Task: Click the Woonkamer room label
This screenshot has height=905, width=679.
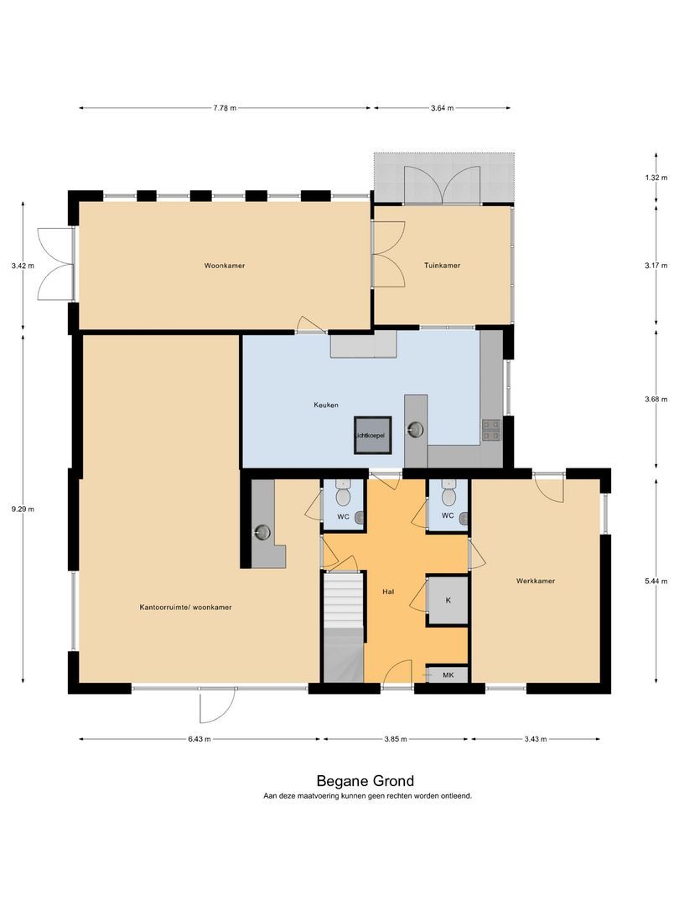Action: point(225,266)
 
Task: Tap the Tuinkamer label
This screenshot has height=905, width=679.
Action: point(443,266)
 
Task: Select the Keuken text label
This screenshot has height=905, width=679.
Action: point(326,406)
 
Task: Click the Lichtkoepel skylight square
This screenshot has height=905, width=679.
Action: point(373,435)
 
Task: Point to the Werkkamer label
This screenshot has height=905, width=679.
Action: point(536,581)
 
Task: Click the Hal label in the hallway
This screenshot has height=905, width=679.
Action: point(388,592)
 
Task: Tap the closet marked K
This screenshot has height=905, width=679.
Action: point(448,600)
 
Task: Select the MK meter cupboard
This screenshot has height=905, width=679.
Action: point(448,675)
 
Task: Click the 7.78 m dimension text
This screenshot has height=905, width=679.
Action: point(225,108)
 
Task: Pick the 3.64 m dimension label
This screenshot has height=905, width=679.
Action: point(443,108)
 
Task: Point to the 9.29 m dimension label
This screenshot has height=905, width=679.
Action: point(23,509)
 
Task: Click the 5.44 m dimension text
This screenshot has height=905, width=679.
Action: point(656,582)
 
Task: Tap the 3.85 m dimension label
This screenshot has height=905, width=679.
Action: point(396,739)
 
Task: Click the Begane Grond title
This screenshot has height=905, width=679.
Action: point(365,781)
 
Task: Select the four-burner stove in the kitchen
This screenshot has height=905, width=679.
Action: point(490,430)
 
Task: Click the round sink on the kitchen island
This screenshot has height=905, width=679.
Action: point(415,429)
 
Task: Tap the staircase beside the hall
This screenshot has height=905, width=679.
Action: point(344,627)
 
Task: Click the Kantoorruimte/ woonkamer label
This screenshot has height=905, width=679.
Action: point(185,608)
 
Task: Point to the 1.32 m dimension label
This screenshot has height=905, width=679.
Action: point(656,178)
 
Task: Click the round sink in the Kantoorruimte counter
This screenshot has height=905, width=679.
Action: point(262,531)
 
